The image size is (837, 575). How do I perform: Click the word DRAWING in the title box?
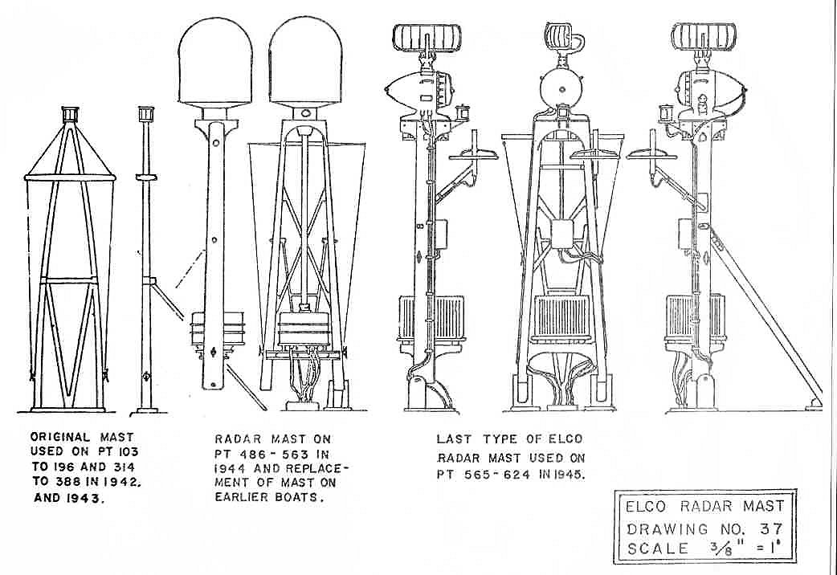point(656,528)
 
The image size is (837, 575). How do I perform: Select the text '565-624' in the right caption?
point(502,474)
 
